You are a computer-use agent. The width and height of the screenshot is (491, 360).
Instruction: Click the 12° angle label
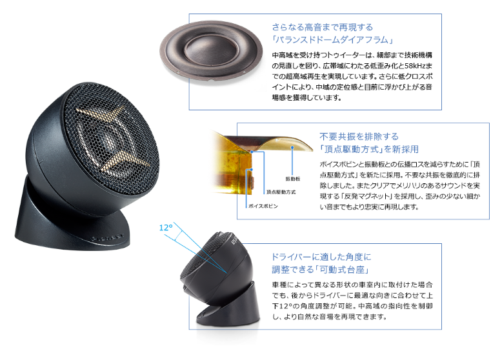pos(166,228)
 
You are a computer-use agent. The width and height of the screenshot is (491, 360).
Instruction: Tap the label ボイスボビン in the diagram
pos(263,206)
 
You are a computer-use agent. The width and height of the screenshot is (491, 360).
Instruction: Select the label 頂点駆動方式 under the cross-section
pos(281,192)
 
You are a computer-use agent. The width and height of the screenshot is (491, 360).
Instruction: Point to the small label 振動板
pos(293,179)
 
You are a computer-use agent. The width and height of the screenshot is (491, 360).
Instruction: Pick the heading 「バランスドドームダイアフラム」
pos(332,40)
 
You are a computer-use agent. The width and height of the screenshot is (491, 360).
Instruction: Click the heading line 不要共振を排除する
pos(359,137)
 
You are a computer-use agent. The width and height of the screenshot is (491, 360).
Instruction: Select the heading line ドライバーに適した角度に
pos(321,257)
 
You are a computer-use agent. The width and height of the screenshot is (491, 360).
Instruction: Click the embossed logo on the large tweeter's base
pos(107,237)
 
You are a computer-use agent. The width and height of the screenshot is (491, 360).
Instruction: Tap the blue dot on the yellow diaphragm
pos(292,147)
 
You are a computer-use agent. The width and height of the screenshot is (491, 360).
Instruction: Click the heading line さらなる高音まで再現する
pos(322,27)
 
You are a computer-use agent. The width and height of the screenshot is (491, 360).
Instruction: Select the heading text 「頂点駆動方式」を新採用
pos(369,149)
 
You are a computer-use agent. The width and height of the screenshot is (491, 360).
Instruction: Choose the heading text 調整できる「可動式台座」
pos(321,270)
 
